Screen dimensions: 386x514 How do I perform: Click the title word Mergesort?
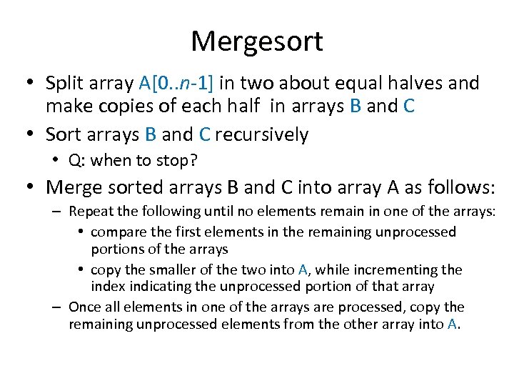coord(256,41)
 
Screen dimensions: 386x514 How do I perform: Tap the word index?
coord(107,286)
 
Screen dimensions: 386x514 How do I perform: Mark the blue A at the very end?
coord(451,324)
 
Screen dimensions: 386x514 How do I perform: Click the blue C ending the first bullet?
coord(408,107)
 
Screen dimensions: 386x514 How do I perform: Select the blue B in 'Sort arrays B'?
coord(151,134)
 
